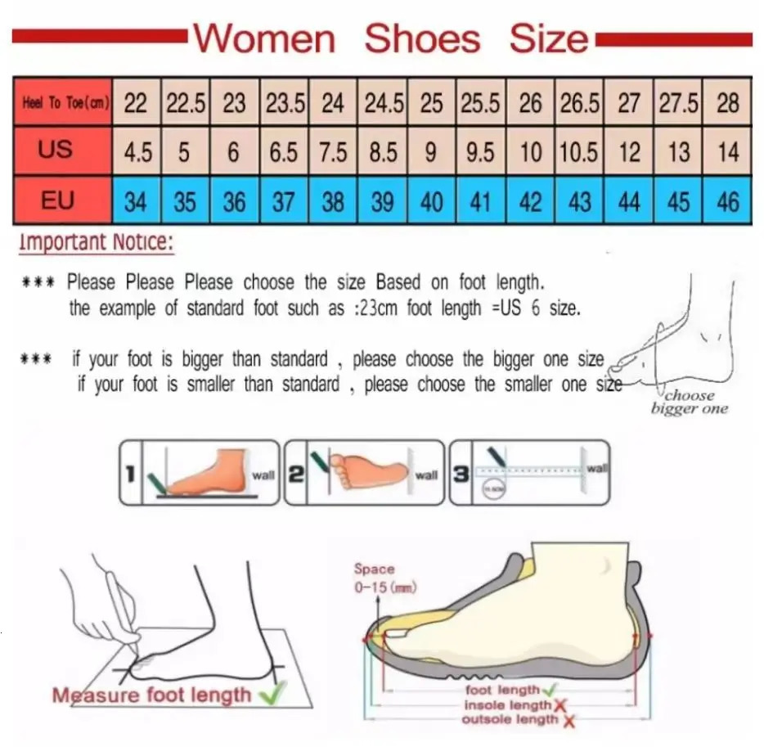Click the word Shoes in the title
(421, 38)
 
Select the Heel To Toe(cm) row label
(61, 104)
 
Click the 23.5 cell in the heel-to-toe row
(285, 104)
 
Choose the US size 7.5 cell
(333, 152)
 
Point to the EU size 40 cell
(432, 200)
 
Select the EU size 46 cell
(727, 200)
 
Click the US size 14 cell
(727, 152)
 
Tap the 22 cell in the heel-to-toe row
(136, 104)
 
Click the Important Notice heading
(97, 242)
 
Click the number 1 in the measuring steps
(129, 472)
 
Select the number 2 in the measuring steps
(294, 473)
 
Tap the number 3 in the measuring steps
(461, 472)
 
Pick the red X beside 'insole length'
(560, 705)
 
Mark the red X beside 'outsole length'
(569, 720)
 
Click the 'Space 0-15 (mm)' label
(375, 577)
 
